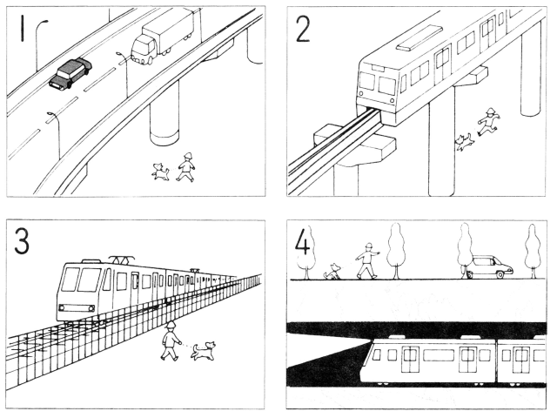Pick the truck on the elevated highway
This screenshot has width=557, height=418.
pyautogui.click(x=163, y=37)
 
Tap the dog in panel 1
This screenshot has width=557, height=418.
pyautogui.click(x=160, y=171)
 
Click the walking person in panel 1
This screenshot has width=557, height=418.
pyautogui.click(x=185, y=165)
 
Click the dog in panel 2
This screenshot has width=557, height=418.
pyautogui.click(x=463, y=141)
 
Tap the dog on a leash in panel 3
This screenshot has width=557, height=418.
pyautogui.click(x=203, y=351)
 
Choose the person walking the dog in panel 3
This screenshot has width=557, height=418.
pyautogui.click(x=170, y=340)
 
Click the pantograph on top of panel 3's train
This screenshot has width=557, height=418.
pyautogui.click(x=120, y=260)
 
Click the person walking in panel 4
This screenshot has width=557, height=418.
pyautogui.click(x=368, y=261)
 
